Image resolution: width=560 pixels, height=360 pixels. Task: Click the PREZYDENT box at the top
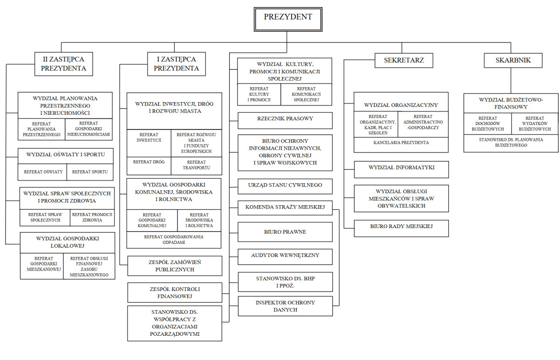pyautogui.click(x=287, y=18)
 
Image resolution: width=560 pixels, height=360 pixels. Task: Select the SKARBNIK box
pyautogui.click(x=513, y=61)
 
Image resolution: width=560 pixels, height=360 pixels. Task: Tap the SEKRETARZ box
pyautogui.click(x=404, y=61)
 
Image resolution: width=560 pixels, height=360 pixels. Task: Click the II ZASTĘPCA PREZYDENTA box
pyautogui.click(x=63, y=64)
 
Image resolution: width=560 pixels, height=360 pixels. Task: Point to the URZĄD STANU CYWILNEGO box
pyautogui.click(x=285, y=186)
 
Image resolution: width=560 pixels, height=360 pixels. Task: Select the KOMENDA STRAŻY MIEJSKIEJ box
pyautogui.click(x=285, y=208)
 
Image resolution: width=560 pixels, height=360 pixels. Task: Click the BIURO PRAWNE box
pyautogui.click(x=285, y=232)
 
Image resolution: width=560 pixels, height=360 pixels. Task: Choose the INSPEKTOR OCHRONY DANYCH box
pyautogui.click(x=285, y=306)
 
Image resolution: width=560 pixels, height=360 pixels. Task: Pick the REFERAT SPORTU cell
pyautogui.click(x=90, y=172)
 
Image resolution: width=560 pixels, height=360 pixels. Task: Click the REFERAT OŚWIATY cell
pyautogui.click(x=43, y=172)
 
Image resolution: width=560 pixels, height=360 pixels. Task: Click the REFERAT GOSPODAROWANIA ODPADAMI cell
pyautogui.click(x=174, y=240)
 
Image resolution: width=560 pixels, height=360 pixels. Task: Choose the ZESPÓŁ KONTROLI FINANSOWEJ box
pyautogui.click(x=174, y=292)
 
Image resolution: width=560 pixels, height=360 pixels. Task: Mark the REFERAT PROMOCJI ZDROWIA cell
pyautogui.click(x=92, y=217)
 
